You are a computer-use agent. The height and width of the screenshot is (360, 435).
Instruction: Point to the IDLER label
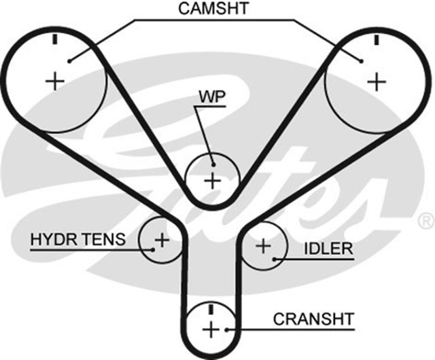point(329,249)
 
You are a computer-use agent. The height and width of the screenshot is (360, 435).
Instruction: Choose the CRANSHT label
point(313,319)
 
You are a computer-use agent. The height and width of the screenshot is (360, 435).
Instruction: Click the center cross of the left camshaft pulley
point(54,82)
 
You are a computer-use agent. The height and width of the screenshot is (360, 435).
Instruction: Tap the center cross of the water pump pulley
point(213,181)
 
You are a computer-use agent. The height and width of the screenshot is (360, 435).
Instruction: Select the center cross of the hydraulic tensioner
point(162,239)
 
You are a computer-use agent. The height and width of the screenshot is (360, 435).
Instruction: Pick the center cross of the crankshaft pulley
point(211,330)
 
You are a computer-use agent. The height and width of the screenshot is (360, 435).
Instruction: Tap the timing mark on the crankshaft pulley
point(211,309)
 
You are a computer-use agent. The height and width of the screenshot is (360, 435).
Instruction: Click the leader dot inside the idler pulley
point(274,259)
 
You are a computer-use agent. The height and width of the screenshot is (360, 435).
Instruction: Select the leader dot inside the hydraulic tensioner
point(154,249)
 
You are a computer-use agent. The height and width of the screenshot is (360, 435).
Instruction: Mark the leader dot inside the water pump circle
point(213,164)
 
